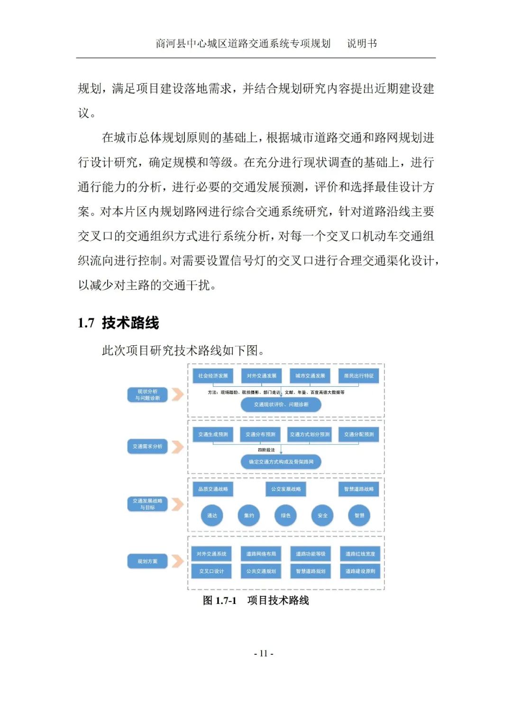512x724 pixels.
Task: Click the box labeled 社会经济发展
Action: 213,376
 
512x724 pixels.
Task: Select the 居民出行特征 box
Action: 358,376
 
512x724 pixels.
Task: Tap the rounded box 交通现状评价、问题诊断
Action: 281,405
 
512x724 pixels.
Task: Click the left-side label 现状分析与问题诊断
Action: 147,395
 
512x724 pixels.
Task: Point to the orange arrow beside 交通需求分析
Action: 177,446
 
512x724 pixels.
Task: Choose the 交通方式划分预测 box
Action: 310,435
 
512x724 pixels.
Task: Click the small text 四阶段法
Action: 266,450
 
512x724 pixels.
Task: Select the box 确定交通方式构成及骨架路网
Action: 281,462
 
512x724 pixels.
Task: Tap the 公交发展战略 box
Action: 286,489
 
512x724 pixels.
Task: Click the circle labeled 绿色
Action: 285,516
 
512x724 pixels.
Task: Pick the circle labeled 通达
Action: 212,516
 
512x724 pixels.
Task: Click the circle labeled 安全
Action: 322,516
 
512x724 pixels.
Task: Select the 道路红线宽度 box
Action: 360,554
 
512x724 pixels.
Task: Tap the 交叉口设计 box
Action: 211,571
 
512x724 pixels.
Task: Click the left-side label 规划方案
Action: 147,561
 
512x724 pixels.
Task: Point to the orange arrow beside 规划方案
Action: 177,561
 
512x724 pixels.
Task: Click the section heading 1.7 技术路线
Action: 119,323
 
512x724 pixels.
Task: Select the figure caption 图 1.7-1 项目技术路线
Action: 256,601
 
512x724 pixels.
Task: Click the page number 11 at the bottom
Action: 264,653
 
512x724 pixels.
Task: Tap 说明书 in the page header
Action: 362,44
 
